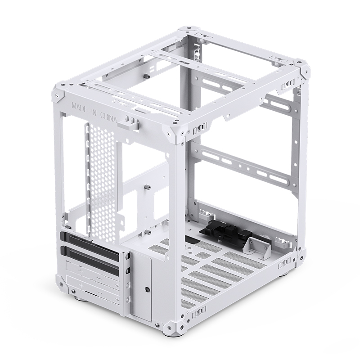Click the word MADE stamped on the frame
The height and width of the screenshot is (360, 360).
[80, 108]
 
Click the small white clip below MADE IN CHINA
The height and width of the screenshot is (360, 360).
[131, 122]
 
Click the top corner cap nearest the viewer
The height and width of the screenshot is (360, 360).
[179, 131]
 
